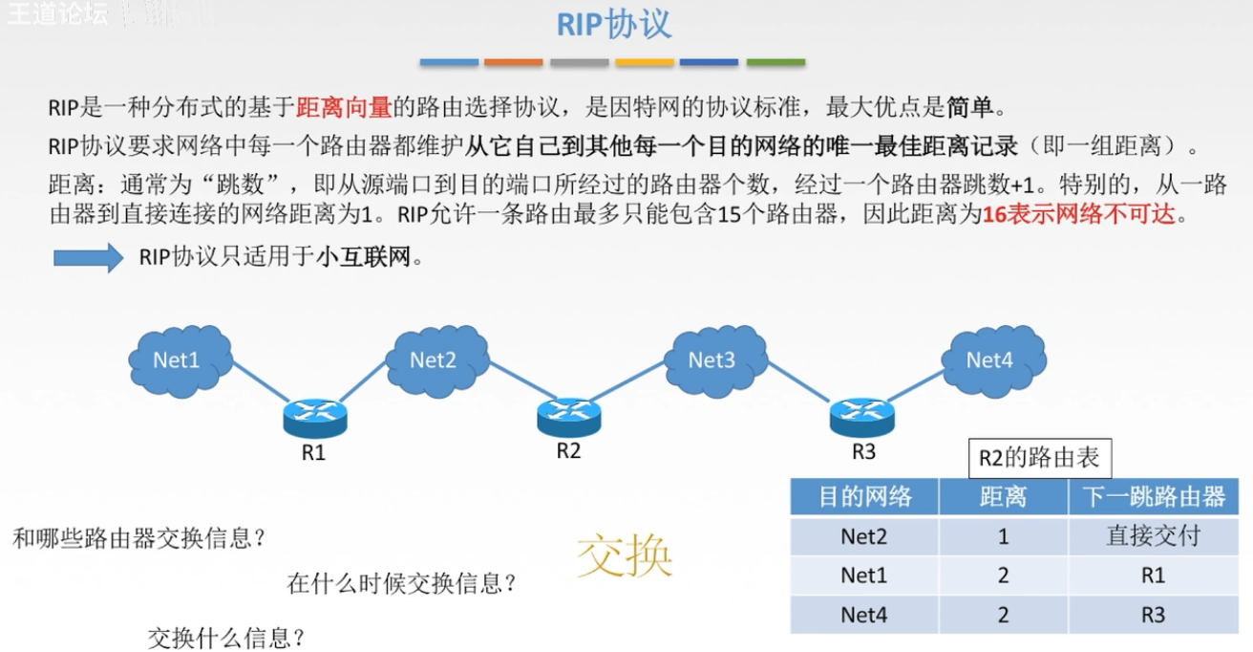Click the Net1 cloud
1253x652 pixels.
(179, 359)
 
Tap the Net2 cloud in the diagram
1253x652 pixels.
(435, 359)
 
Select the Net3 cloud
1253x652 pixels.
(712, 359)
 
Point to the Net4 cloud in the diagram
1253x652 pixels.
(990, 359)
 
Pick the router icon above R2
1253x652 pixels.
(569, 414)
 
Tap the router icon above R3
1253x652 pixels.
(862, 414)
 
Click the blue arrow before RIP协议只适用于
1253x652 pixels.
(88, 257)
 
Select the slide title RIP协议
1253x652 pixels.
(615, 25)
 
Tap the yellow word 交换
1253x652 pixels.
(625, 556)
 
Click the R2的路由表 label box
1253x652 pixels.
(1039, 458)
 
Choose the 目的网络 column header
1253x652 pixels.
(864, 496)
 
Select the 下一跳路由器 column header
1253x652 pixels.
(1153, 496)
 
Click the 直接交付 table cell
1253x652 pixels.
(1153, 536)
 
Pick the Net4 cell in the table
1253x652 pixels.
(864, 615)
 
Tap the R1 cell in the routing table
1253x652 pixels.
(1153, 576)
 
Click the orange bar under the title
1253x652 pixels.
(514, 63)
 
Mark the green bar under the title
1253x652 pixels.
(775, 63)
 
